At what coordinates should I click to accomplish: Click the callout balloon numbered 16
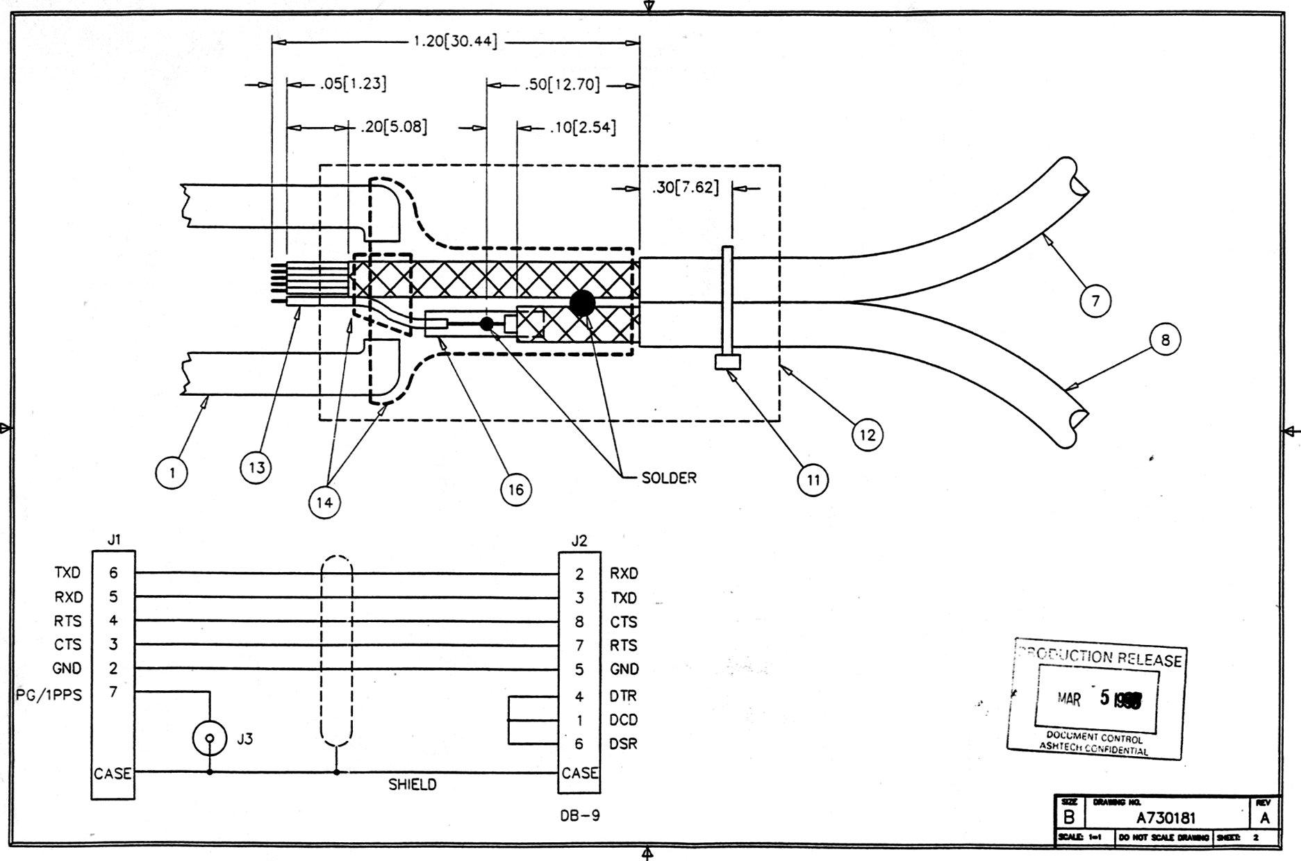coord(515,490)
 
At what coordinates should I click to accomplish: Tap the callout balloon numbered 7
coord(1095,301)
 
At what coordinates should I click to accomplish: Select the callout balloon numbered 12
coord(867,435)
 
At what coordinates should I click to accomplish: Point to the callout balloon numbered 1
coord(172,473)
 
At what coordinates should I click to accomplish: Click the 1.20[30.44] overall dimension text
coord(456,42)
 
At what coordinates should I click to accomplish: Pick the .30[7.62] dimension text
coord(686,187)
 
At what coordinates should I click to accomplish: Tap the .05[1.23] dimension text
coord(353,84)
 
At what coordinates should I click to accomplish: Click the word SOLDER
coord(669,478)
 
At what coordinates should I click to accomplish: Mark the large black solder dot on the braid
coord(582,303)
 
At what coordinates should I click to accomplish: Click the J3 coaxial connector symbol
coord(209,739)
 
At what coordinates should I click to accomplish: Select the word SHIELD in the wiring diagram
coord(413,785)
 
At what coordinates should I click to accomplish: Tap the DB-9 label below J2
coord(580,816)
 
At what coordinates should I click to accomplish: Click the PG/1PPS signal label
coord(49,694)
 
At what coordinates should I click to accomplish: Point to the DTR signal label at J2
coord(623,696)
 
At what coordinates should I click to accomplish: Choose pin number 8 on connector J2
coord(579,622)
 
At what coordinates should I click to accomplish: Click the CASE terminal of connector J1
coord(113,773)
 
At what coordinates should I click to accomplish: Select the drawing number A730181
coord(1166,818)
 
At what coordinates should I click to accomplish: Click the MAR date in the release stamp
coord(1069,699)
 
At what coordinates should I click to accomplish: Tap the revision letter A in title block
coord(1264,818)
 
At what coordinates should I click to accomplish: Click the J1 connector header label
coord(114,540)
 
